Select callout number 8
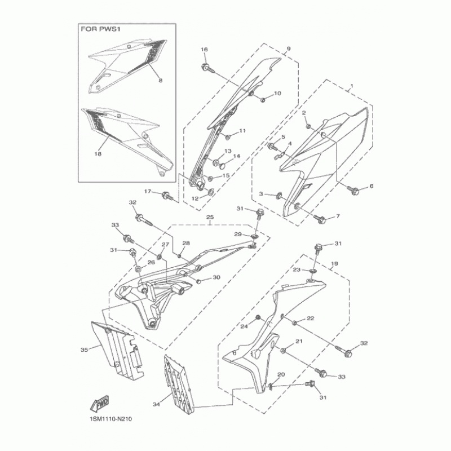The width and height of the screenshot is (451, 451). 160,81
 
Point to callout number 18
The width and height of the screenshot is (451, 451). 98,153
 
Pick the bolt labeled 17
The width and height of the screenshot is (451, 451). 167,196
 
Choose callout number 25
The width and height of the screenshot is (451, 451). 209,216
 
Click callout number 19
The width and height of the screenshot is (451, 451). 334,264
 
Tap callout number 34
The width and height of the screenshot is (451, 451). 156,404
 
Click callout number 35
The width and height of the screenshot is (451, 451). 84,350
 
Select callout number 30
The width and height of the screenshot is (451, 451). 216,277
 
